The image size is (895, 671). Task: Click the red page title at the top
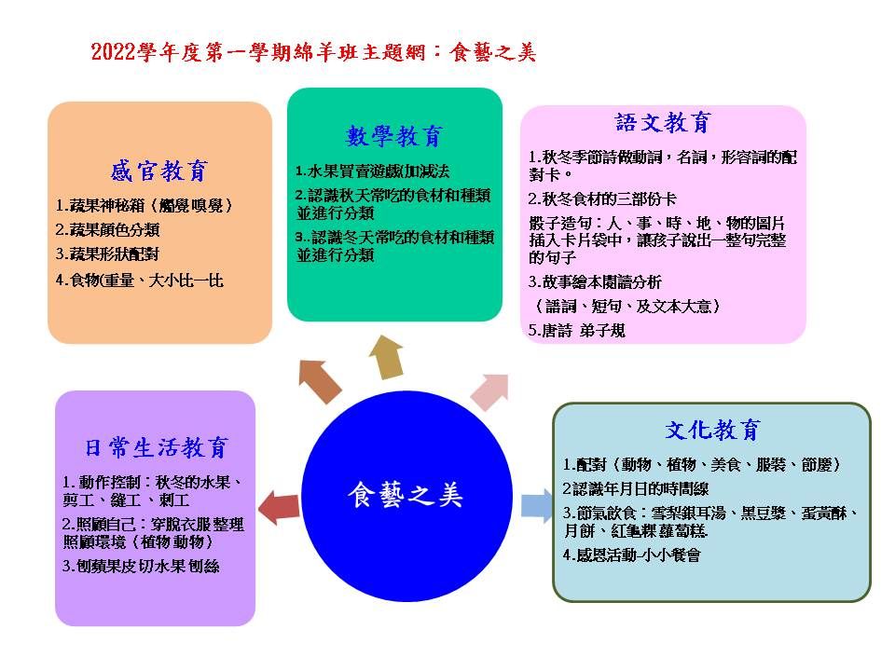click(313, 52)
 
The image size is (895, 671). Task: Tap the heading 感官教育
click(158, 171)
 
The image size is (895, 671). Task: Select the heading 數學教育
click(393, 136)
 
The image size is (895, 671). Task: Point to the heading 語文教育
click(663, 122)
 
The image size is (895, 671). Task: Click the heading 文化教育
click(712, 430)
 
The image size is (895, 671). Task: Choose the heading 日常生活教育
click(157, 447)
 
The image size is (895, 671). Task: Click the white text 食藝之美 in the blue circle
click(406, 495)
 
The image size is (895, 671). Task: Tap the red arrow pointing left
click(279, 507)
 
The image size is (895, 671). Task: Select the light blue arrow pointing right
click(537, 506)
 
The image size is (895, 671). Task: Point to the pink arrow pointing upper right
click(489, 391)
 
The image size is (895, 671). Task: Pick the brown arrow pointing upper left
click(319, 380)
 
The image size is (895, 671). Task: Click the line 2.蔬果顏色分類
click(107, 229)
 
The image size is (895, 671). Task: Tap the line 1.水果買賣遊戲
click(372, 171)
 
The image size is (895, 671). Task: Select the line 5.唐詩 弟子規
click(576, 330)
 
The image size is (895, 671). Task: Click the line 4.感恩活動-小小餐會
click(631, 555)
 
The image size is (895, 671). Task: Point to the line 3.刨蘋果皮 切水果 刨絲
click(141, 566)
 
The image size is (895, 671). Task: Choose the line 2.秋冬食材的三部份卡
click(602, 199)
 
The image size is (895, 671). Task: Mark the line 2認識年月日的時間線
click(636, 488)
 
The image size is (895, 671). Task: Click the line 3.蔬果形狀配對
click(107, 253)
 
